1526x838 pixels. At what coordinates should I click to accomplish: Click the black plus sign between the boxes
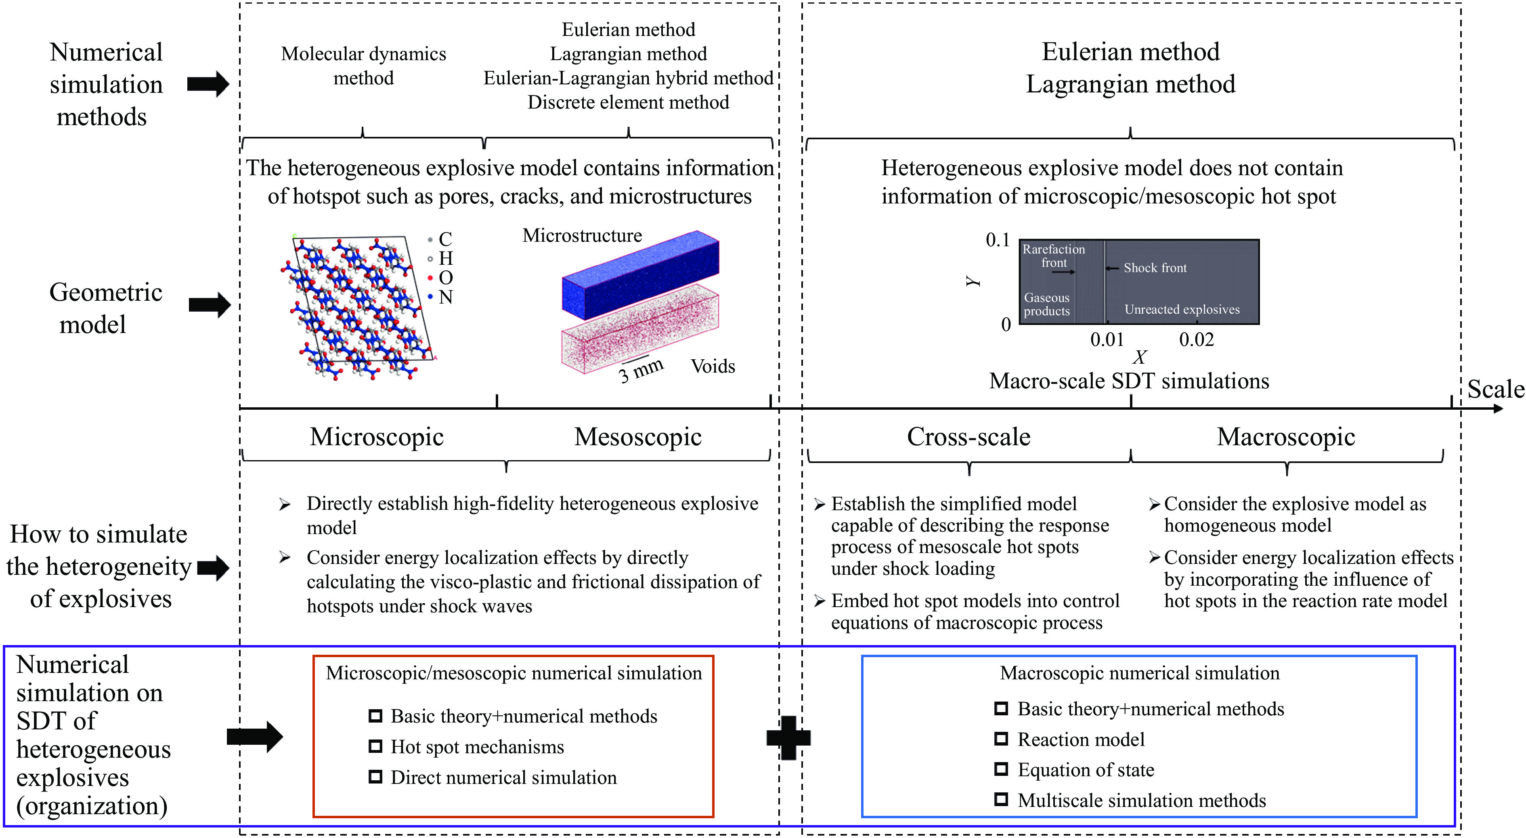[788, 737]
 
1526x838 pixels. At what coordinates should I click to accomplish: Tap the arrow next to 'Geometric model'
[210, 305]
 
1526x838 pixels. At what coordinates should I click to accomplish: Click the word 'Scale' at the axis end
[1496, 389]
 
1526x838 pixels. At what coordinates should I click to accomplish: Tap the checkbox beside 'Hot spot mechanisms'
[375, 746]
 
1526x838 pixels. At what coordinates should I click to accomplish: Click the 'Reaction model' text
[1081, 739]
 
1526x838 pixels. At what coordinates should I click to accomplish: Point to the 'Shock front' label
[1155, 268]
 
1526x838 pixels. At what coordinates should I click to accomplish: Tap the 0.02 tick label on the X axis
[1196, 339]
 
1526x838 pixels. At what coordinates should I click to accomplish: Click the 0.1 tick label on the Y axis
[998, 240]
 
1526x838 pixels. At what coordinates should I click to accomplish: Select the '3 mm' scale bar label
[640, 371]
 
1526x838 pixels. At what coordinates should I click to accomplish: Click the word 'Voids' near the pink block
[713, 366]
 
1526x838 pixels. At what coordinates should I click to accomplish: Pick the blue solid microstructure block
[640, 275]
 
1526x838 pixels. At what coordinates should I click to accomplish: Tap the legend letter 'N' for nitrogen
[445, 297]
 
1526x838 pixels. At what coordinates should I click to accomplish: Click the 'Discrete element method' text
[628, 103]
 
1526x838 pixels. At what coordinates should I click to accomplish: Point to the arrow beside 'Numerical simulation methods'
[208, 84]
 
